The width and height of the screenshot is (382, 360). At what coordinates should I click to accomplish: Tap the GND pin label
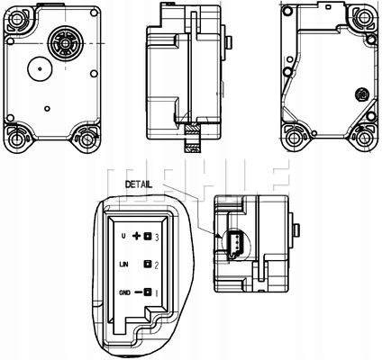click(125, 292)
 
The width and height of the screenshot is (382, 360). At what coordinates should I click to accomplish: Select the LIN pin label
click(125, 265)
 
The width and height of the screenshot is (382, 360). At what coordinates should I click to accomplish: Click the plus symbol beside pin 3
click(138, 237)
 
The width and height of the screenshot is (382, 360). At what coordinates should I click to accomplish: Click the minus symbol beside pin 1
click(138, 292)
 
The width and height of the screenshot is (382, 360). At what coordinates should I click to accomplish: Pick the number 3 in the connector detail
click(158, 237)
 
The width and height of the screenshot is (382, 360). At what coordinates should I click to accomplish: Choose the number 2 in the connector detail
click(158, 265)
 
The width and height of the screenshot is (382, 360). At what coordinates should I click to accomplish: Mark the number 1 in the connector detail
click(158, 292)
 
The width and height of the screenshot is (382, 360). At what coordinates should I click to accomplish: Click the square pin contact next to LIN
click(148, 265)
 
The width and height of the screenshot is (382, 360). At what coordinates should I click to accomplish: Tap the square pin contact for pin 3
click(148, 237)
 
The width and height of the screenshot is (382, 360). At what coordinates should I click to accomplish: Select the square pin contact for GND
click(148, 292)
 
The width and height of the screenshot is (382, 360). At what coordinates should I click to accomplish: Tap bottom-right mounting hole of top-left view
click(85, 139)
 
